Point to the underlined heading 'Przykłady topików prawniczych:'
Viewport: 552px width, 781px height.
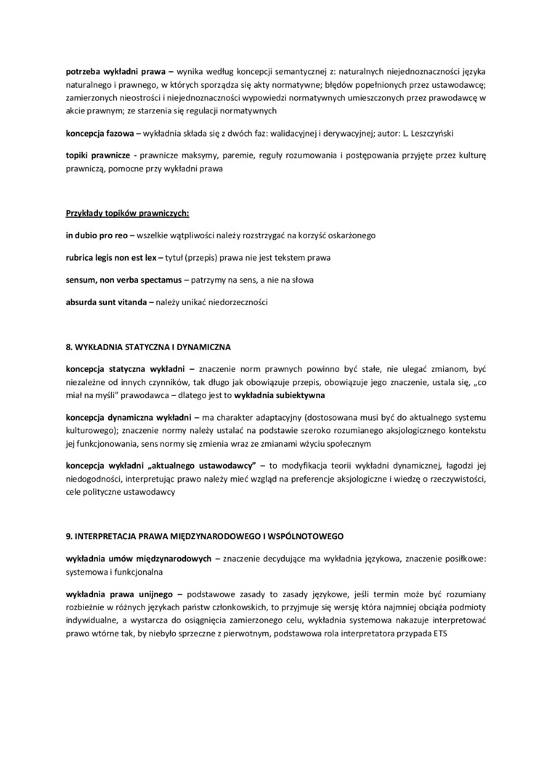click(128, 214)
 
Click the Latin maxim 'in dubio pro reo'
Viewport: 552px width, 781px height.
click(96, 235)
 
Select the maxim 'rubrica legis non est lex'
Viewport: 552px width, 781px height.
click(111, 257)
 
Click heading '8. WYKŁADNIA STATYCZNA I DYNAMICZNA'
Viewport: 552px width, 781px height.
click(148, 347)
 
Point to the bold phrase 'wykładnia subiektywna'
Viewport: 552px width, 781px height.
click(280, 395)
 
